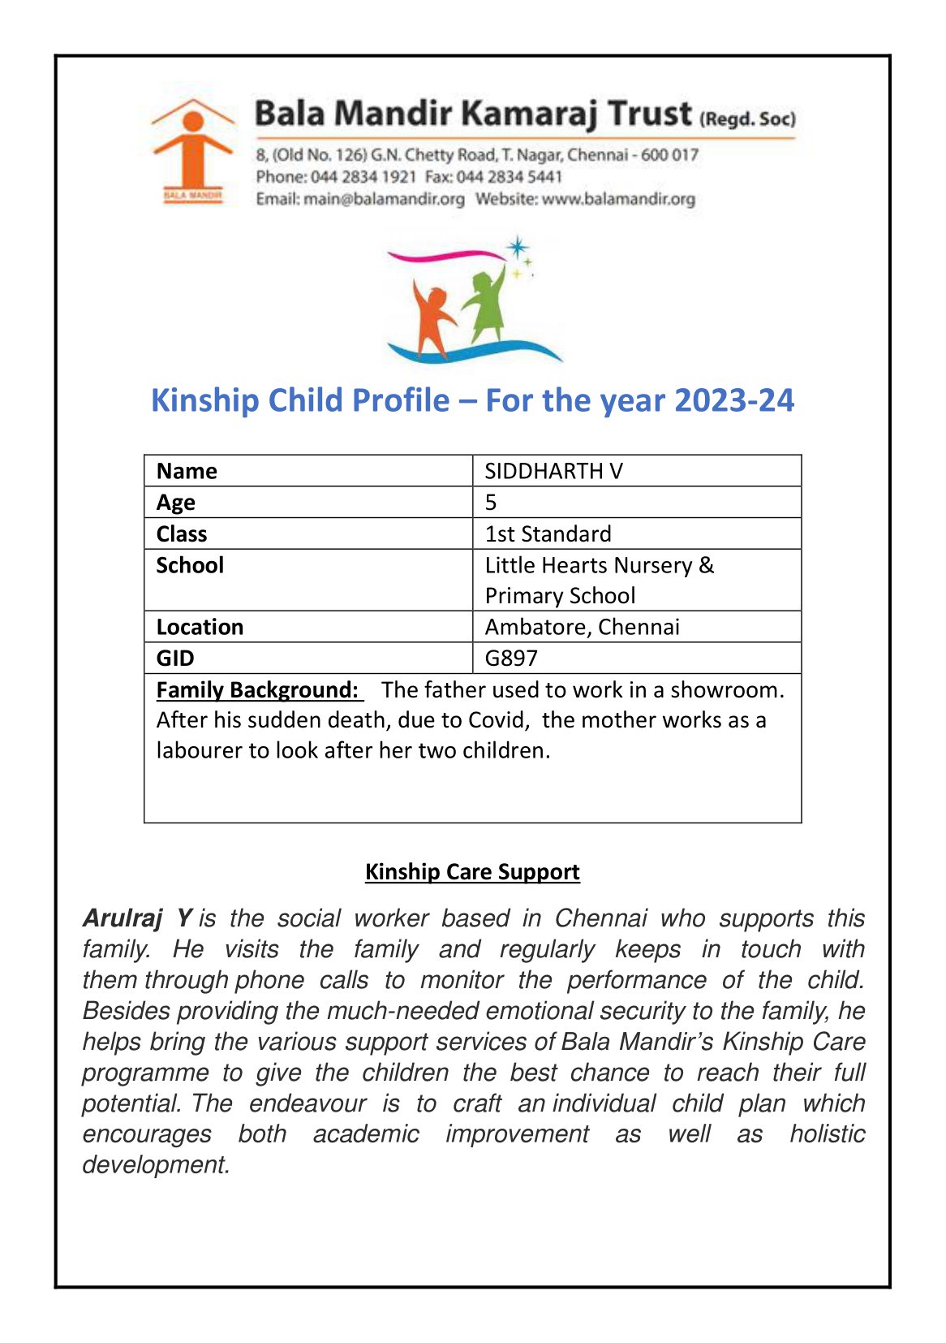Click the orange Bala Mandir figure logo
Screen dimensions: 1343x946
coord(192,151)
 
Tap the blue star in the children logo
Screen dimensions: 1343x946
coord(517,248)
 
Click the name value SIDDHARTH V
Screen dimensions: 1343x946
coord(553,471)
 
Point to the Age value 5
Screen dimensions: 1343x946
coord(491,503)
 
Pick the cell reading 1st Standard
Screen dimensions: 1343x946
coord(548,534)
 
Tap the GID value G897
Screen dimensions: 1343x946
coord(511,659)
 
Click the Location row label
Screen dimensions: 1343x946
coord(200,627)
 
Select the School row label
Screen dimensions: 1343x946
coord(190,565)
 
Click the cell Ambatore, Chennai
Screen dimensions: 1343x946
coord(582,627)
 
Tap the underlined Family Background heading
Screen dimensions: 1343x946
coord(257,690)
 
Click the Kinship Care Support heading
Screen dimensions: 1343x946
coord(472,872)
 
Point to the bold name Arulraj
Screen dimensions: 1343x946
coord(123,918)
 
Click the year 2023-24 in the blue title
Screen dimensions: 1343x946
coord(734,400)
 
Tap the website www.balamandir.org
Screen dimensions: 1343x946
coord(618,199)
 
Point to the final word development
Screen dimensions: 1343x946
coord(156,1165)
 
